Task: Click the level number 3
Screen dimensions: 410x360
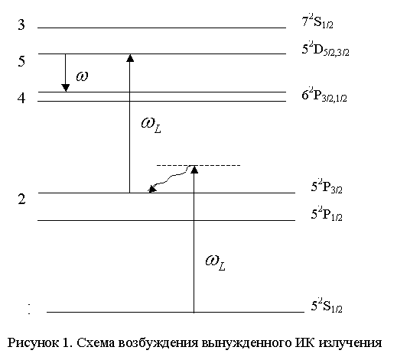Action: coord(21,24)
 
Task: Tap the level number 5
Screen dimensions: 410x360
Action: coord(21,61)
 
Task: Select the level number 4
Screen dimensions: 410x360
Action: coord(21,99)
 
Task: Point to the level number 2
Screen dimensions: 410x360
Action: coord(21,199)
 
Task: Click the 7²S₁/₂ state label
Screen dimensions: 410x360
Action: coord(317,21)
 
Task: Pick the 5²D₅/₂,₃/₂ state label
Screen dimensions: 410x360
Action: coord(325,50)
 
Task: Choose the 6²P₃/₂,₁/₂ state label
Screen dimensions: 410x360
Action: coord(324,95)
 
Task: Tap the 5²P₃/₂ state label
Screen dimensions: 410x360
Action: coord(327,186)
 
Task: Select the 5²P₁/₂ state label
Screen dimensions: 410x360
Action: coord(327,214)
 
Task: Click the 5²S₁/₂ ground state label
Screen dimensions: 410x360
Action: coord(327,306)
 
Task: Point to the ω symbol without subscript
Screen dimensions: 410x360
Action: coord(82,76)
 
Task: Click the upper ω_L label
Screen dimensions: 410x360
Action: coord(151,125)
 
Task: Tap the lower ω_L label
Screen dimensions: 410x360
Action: coord(216,263)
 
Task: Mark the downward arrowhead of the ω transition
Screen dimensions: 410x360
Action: coord(65,88)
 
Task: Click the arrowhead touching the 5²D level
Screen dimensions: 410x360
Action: coord(130,58)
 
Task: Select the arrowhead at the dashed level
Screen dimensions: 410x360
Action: coord(194,170)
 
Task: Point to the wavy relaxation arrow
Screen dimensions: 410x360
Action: coord(170,178)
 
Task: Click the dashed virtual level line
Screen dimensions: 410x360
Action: coord(198,165)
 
